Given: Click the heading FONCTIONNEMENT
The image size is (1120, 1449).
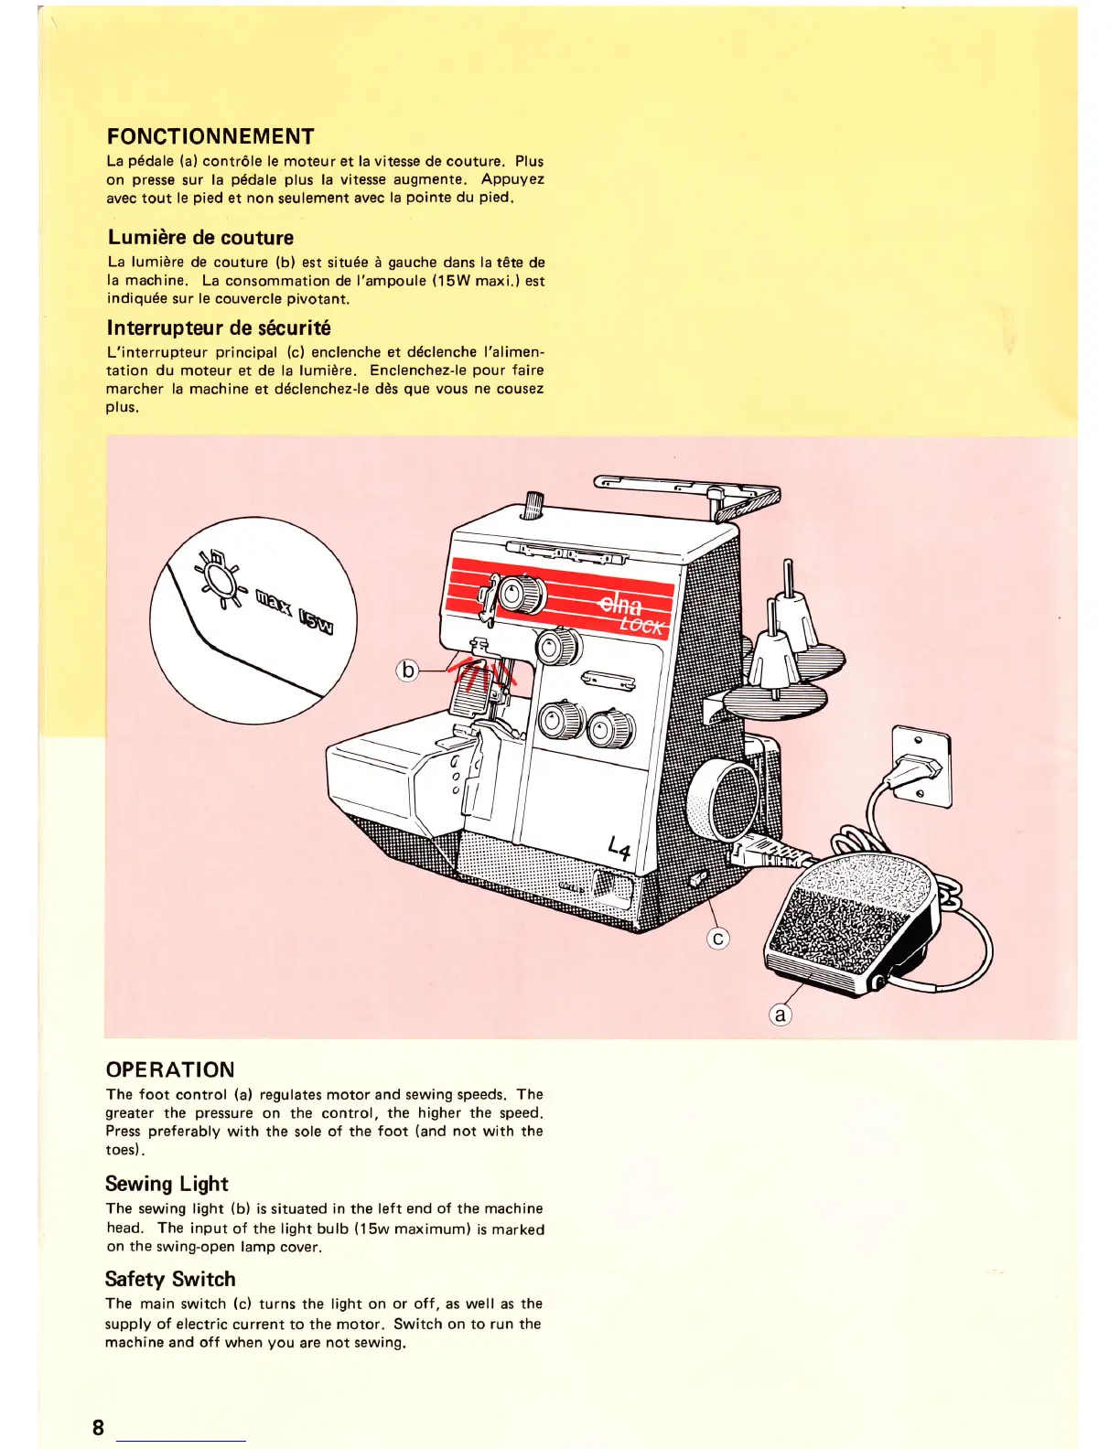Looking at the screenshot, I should pos(210,137).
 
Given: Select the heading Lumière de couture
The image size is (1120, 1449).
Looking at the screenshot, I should pos(200,238).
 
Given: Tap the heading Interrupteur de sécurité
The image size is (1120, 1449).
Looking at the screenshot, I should pos(219,327).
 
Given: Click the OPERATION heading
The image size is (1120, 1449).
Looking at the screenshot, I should pos(170,1069).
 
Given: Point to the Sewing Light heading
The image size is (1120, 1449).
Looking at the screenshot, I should pos(167,1184).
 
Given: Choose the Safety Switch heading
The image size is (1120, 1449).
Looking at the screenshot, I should pos(170,1279).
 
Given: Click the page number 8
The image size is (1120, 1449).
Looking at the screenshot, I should pos(98,1428).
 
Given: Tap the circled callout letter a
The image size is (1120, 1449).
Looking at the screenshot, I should pos(780,1014).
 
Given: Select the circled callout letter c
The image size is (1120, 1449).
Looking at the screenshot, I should pos(718,938).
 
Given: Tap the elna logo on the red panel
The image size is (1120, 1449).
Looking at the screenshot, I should pos(621,605).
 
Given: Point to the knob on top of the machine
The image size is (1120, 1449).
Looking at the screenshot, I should pos(532,504).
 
